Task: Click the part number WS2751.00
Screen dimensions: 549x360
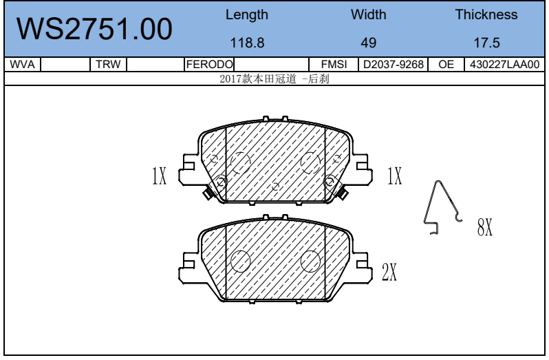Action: [x=94, y=29]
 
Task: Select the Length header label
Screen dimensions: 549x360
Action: [x=247, y=15]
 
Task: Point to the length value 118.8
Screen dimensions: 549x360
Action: [x=247, y=43]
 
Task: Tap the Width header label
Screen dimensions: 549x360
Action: [x=369, y=14]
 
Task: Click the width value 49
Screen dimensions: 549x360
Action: [x=369, y=43]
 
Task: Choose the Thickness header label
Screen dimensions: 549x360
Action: [x=486, y=14]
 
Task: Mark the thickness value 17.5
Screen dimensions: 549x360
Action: [x=486, y=43]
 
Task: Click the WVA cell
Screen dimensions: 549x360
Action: [x=23, y=65]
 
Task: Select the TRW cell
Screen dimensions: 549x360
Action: [x=108, y=65]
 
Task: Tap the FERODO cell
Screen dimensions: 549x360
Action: [x=209, y=65]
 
